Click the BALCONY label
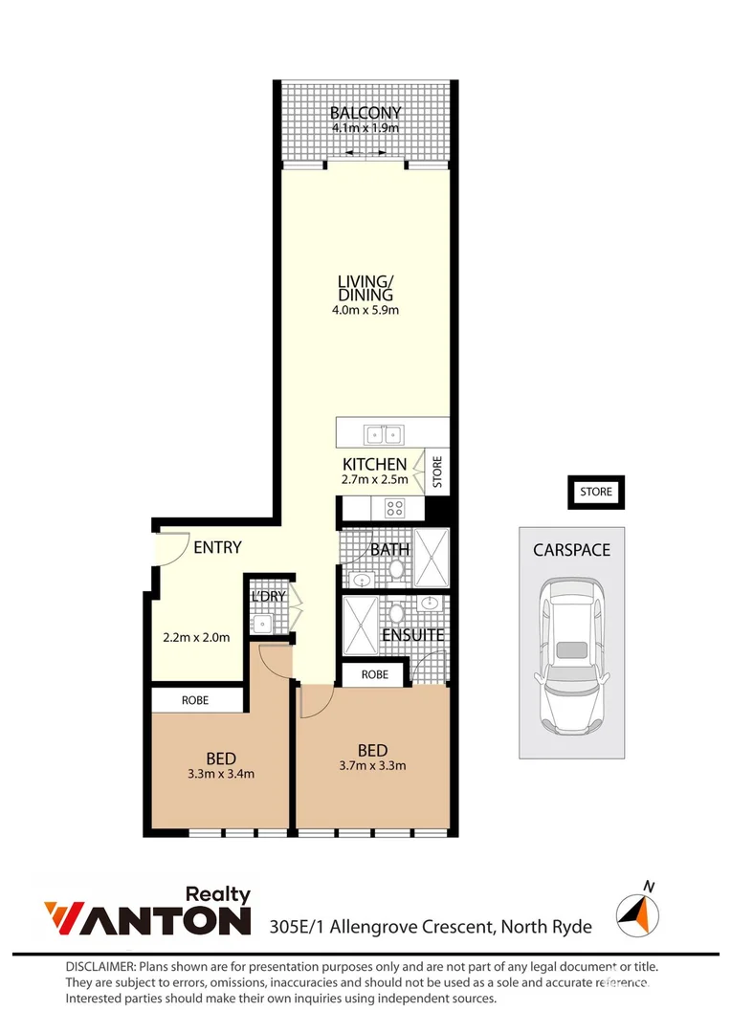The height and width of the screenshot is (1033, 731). pyautogui.click(x=365, y=113)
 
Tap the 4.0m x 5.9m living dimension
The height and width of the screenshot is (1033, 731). pyautogui.click(x=365, y=309)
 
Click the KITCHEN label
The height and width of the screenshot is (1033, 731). pyautogui.click(x=375, y=464)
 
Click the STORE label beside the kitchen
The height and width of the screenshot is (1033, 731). pyautogui.click(x=437, y=473)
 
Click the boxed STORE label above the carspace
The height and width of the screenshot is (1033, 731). pyautogui.click(x=595, y=493)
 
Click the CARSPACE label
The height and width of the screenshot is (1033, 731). pyautogui.click(x=572, y=550)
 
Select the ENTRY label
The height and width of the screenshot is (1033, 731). pyautogui.click(x=217, y=548)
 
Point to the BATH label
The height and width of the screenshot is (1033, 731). pyautogui.click(x=389, y=550)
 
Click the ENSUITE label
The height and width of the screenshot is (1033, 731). pyautogui.click(x=412, y=635)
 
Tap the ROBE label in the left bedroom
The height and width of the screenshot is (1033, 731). pyautogui.click(x=195, y=700)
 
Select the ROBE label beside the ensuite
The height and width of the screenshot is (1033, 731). pyautogui.click(x=375, y=674)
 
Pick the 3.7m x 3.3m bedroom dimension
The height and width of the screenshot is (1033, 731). pyautogui.click(x=372, y=765)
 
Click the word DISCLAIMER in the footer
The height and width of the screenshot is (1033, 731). pyautogui.click(x=100, y=967)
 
